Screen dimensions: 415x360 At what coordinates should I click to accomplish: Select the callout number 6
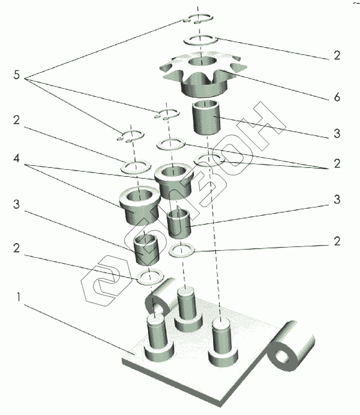[x=336, y=97]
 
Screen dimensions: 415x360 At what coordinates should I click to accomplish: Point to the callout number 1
[x=19, y=298]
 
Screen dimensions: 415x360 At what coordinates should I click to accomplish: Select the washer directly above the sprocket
[x=200, y=40]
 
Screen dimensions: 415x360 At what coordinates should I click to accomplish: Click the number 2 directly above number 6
[x=336, y=55]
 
